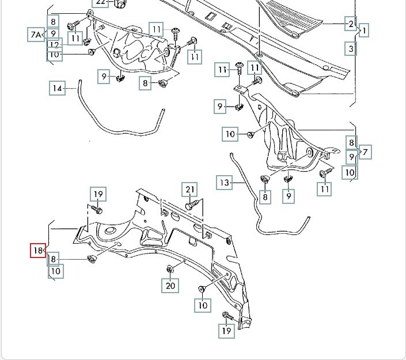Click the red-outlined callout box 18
38,251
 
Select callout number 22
101,2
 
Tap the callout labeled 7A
36,35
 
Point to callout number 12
54,45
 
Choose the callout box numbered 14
57,88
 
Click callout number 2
350,24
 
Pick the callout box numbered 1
363,30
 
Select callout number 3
351,49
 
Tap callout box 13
225,183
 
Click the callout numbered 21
190,189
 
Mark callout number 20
170,285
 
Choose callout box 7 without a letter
365,153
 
